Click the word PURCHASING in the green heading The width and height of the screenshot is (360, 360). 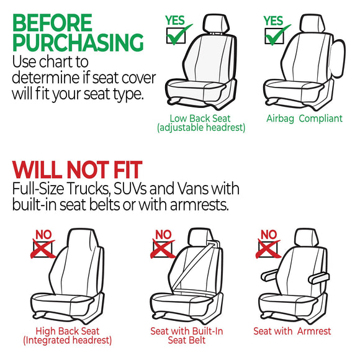coord(78,43)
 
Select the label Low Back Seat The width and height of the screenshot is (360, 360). coord(201,119)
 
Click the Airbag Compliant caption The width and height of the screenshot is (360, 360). coord(304,119)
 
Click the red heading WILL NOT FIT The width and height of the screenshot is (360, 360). coord(77,170)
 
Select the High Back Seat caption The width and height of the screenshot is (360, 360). coord(67,331)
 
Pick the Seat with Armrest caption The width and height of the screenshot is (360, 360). coord(292,331)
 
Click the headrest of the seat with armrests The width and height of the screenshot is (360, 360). coord(304,238)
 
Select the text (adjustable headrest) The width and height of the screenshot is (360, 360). coord(201,128)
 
